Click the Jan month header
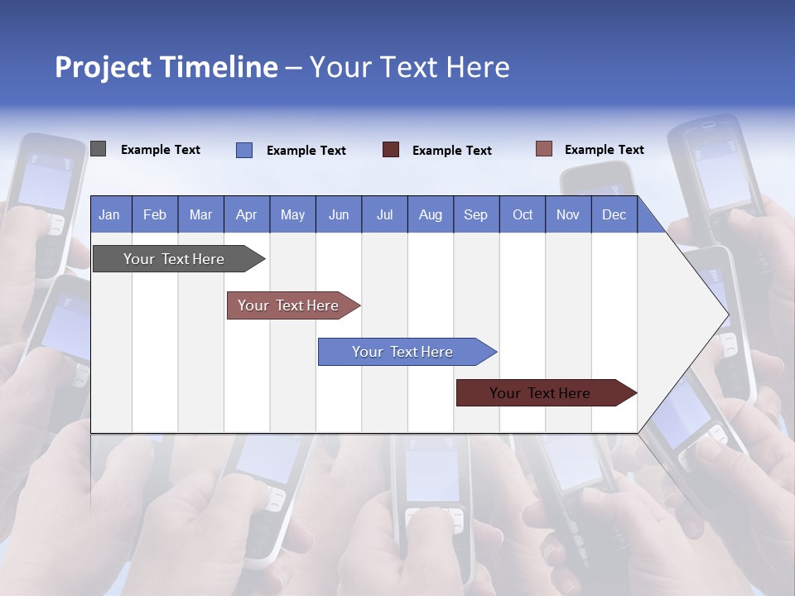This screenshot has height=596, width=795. coord(109,214)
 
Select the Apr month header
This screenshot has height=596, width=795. coord(246,214)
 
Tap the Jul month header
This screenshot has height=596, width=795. coord(384,214)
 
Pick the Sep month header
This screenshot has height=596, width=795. coord(475,214)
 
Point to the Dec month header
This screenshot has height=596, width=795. coord(614,214)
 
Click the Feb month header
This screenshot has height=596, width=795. coord(155,214)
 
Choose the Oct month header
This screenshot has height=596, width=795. coord(523,214)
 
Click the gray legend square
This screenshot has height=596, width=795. coord(98,149)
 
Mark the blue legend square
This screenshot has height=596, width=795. coord(244,150)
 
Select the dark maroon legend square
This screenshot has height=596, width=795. coord(391,150)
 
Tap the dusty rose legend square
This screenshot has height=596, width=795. coord(544,149)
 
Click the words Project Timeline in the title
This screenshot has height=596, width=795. coord(166,67)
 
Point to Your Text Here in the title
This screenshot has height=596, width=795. coord(409,67)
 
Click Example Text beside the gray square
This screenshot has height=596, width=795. coord(161,150)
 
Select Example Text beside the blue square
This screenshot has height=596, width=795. coord(306,151)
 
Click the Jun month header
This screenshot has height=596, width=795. coord(339,214)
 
